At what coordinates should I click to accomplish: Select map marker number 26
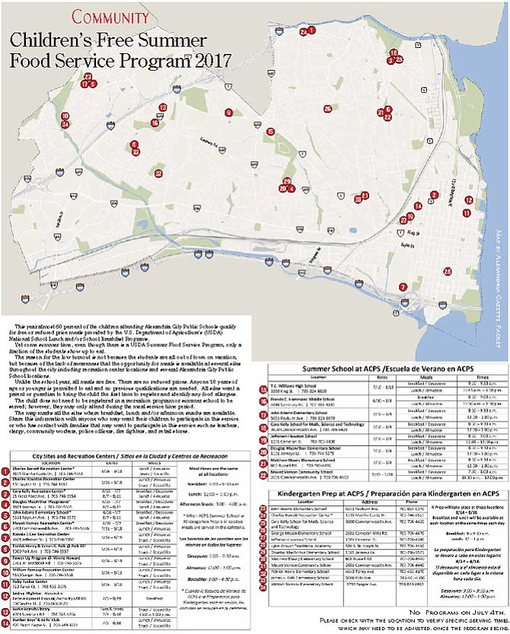[x=328, y=109]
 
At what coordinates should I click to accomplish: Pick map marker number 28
[x=447, y=271]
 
